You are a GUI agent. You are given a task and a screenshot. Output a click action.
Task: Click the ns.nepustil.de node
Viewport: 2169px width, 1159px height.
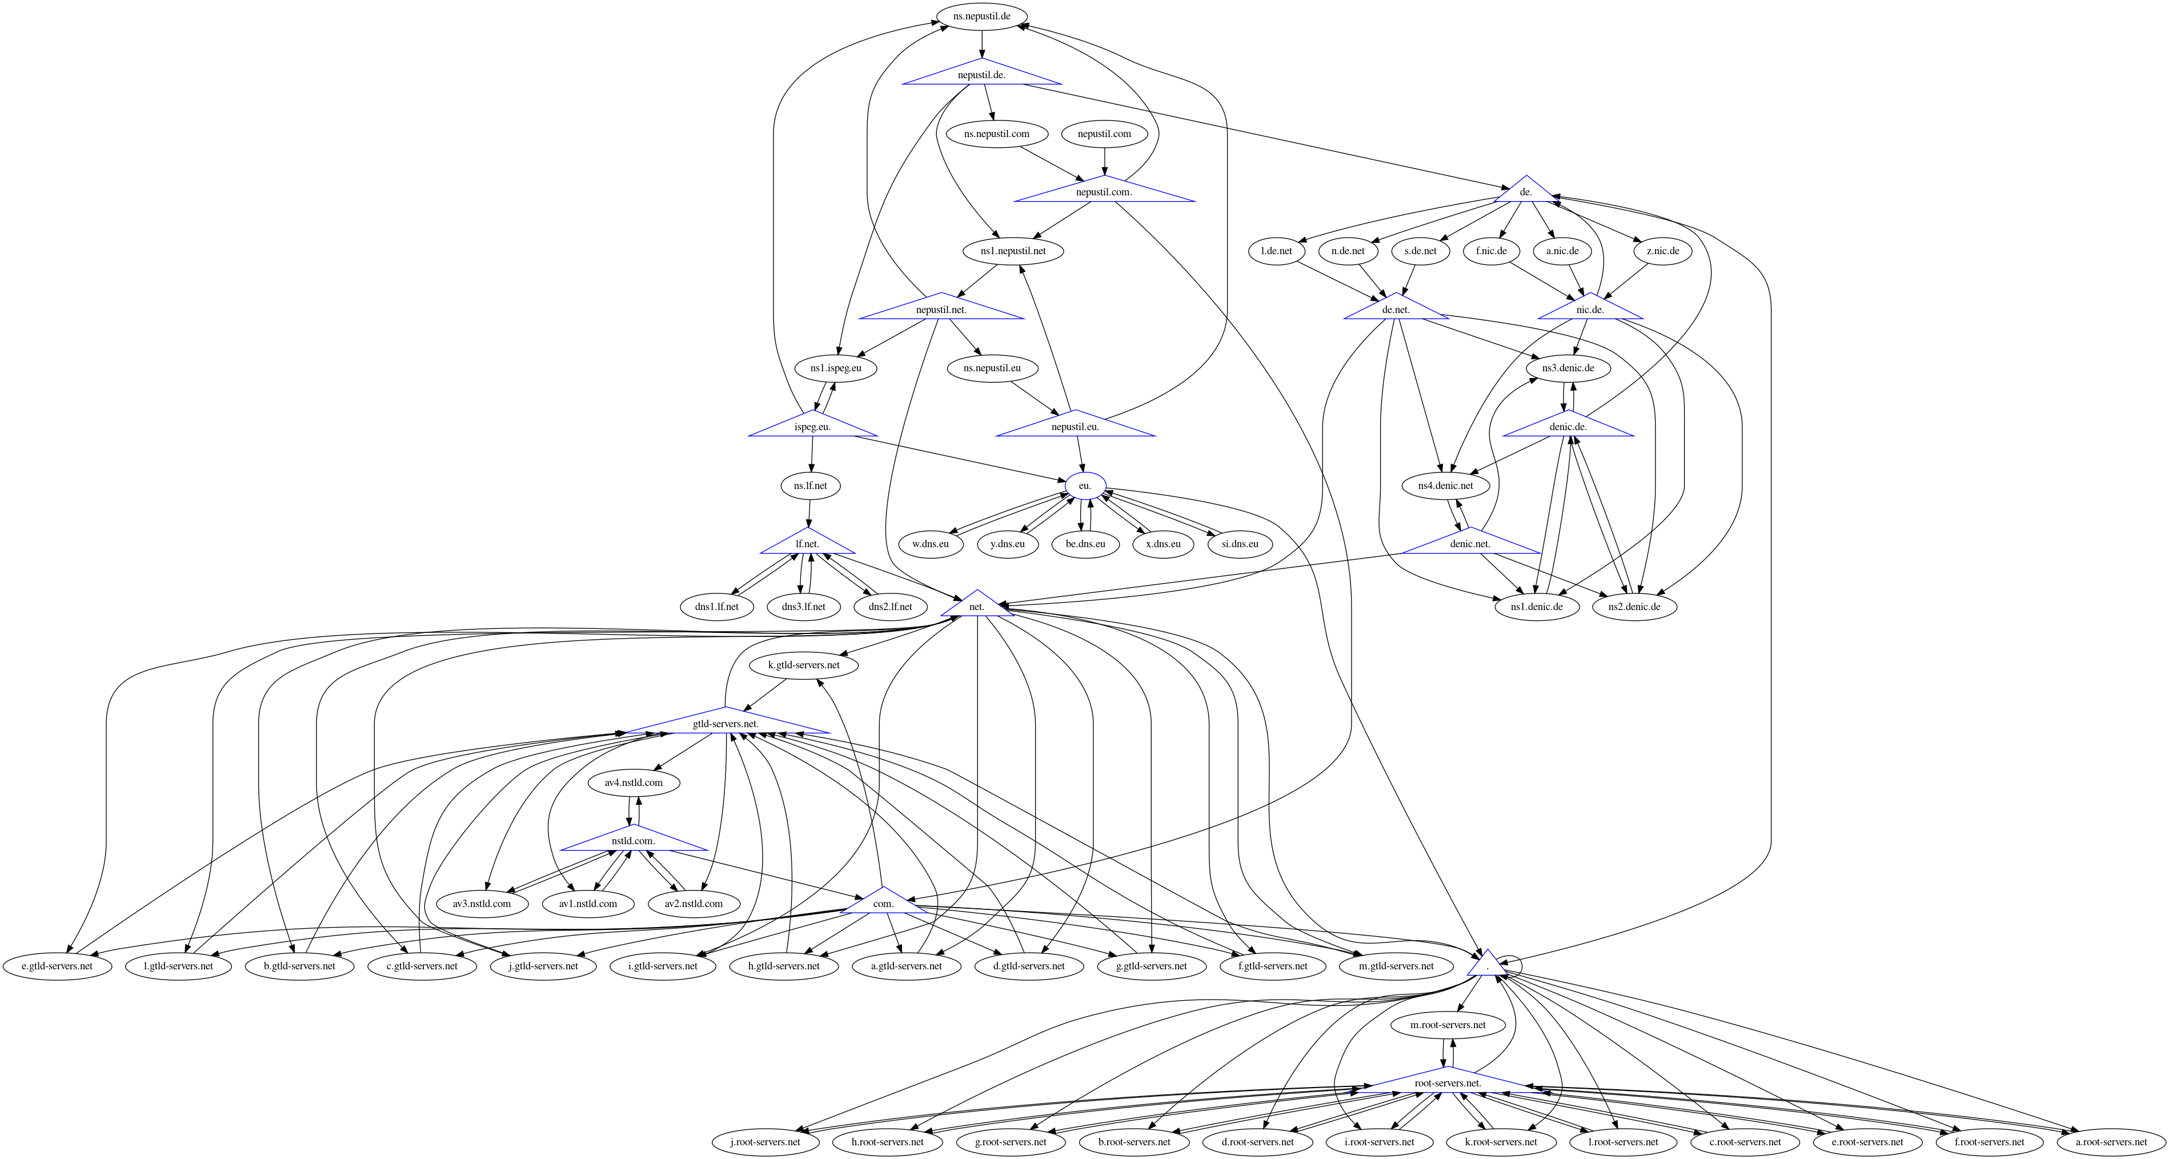click(982, 16)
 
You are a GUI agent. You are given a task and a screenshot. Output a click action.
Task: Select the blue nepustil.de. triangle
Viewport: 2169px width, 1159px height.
click(982, 75)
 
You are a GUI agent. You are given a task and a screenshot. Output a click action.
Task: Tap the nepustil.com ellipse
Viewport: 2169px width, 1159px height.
click(1104, 134)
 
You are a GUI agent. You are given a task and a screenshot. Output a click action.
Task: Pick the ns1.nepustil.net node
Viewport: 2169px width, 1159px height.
click(1013, 251)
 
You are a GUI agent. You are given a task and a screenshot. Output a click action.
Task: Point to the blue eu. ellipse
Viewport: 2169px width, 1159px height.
click(1084, 486)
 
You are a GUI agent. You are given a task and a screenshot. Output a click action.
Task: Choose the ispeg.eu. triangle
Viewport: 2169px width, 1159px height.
click(812, 426)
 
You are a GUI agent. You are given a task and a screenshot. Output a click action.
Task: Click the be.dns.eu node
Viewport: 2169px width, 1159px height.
click(1085, 544)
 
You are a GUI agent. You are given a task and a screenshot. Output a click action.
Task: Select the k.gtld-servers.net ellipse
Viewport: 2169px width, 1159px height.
click(803, 665)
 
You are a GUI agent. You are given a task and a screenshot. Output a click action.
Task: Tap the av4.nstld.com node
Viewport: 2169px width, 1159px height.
click(633, 783)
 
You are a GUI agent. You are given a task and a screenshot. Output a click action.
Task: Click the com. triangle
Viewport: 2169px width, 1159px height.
click(883, 903)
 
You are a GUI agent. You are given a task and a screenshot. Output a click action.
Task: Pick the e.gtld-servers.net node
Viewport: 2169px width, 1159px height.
click(57, 966)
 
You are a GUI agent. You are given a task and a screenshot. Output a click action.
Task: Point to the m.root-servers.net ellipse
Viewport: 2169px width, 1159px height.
click(1448, 1025)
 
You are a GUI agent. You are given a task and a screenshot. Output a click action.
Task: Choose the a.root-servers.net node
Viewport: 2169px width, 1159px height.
click(2111, 1142)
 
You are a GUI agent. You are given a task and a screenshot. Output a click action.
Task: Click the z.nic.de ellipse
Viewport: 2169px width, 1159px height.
click(1662, 251)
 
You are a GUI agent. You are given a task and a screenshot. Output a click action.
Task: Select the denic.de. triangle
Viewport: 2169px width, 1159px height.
click(1568, 426)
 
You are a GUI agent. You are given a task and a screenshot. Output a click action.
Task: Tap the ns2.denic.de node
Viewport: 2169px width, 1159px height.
click(1634, 607)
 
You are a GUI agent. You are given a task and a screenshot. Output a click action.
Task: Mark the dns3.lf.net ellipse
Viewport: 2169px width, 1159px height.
click(803, 607)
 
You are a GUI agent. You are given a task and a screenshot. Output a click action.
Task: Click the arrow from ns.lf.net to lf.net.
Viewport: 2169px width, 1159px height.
click(809, 514)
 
